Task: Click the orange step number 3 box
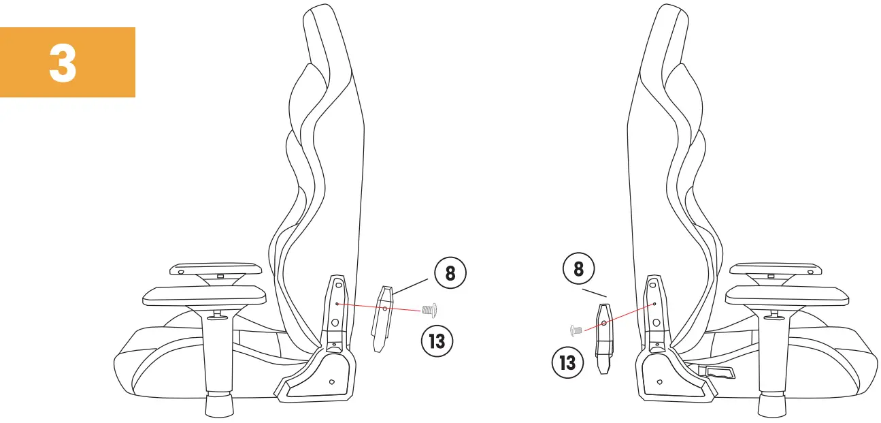67,62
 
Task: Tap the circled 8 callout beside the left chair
450,274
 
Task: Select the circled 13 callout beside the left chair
436,339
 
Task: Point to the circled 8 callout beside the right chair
579,268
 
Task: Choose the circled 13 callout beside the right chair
567,362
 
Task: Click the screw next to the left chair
429,311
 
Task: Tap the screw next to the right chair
575,330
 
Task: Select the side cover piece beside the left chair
382,317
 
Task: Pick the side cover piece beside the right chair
603,337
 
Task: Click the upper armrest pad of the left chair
216,268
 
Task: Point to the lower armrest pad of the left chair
204,295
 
